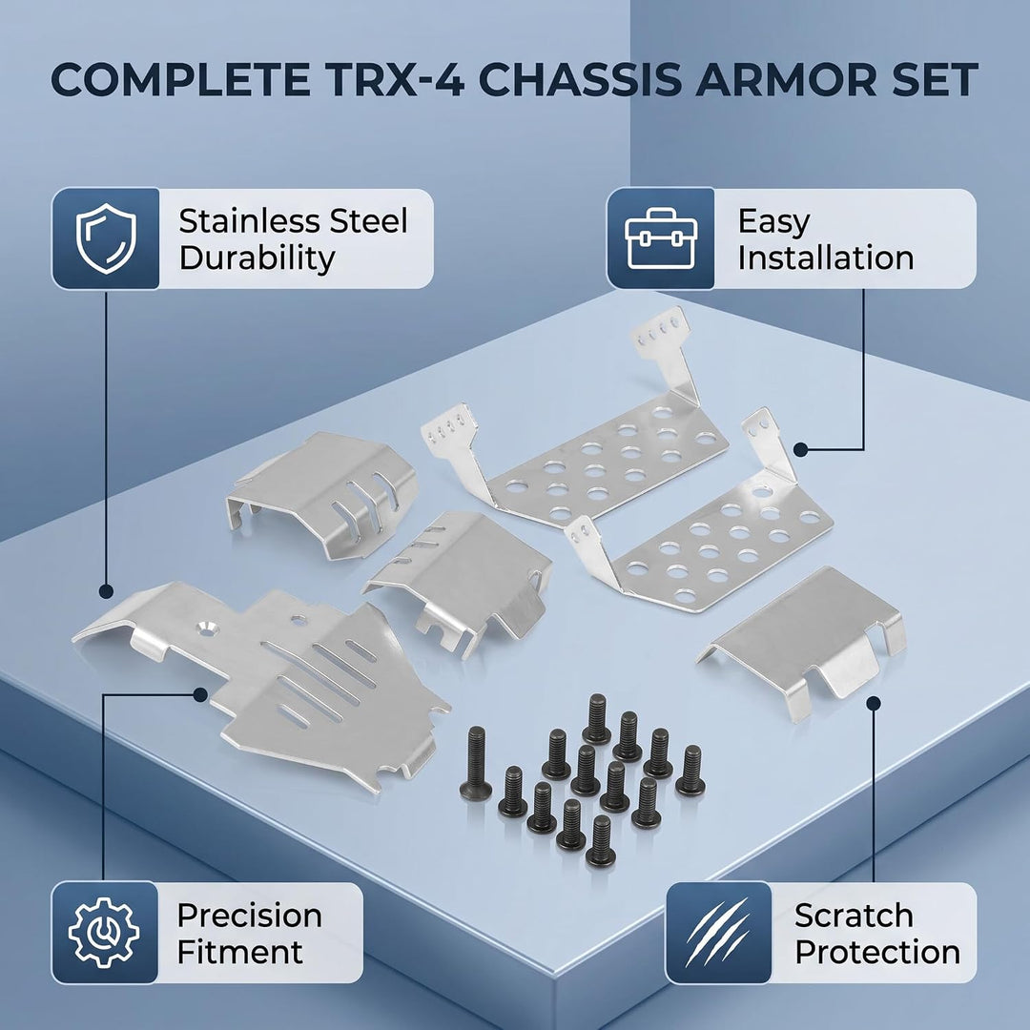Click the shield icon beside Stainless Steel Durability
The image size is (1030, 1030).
[106, 238]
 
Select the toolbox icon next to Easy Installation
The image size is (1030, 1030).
[660, 238]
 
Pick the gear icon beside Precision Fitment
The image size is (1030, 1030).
[104, 933]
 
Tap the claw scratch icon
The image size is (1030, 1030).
[717, 933]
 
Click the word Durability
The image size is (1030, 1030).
[257, 257]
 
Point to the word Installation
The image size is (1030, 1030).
[826, 257]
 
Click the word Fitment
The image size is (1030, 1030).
[240, 952]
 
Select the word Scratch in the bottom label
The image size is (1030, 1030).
[854, 915]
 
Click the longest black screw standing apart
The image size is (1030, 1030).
[476, 764]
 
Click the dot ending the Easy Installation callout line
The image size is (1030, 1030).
[800, 450]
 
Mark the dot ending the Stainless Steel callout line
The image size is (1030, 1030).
[106, 591]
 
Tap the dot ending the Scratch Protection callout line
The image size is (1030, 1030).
[873, 704]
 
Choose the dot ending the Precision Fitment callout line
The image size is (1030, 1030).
[200, 695]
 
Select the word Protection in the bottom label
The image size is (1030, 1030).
[877, 952]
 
